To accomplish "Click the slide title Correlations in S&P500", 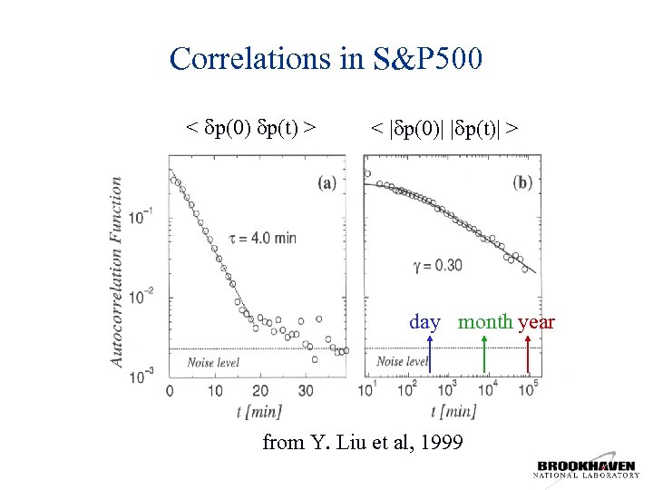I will (326, 59).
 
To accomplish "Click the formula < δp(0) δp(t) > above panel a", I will (251, 128).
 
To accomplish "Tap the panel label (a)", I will (327, 182).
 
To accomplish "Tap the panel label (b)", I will (522, 182).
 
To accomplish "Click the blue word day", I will (424, 322).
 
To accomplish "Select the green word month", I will (485, 322).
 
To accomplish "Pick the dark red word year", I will (536, 322).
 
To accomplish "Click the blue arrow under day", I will (429, 355).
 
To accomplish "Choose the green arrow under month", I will (485, 355).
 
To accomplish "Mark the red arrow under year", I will (529, 355).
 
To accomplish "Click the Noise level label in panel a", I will (213, 362).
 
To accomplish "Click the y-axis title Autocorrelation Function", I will (117, 271).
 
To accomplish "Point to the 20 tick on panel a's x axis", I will (260, 391).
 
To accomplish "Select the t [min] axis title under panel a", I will (258, 411).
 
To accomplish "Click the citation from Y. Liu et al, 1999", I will (363, 443).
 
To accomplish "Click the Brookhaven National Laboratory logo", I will (587, 469).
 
